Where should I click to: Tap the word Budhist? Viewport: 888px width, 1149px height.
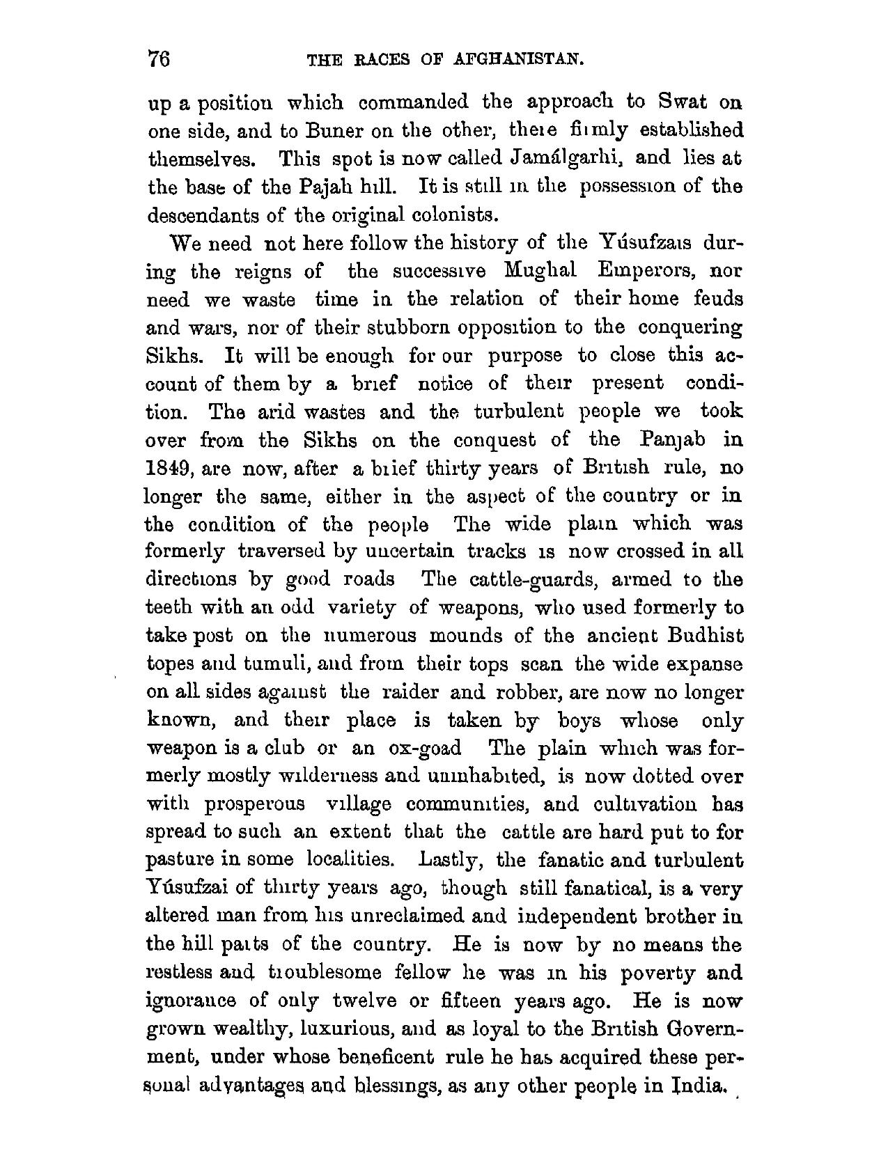tap(705, 636)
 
